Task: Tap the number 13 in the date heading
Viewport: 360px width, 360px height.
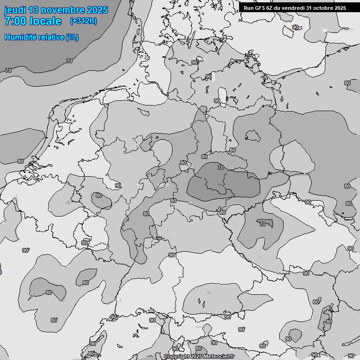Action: pyautogui.click(x=33, y=10)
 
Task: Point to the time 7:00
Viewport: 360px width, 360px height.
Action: pyautogui.click(x=15, y=21)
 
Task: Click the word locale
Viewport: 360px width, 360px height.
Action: pyautogui.click(x=45, y=21)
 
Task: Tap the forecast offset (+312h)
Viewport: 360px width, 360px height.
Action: pyautogui.click(x=83, y=21)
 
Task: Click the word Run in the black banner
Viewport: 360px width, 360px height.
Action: pyautogui.click(x=248, y=8)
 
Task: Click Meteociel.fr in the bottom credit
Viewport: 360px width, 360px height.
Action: pyautogui.click(x=219, y=357)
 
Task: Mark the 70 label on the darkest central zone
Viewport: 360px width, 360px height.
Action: pyautogui.click(x=221, y=167)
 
